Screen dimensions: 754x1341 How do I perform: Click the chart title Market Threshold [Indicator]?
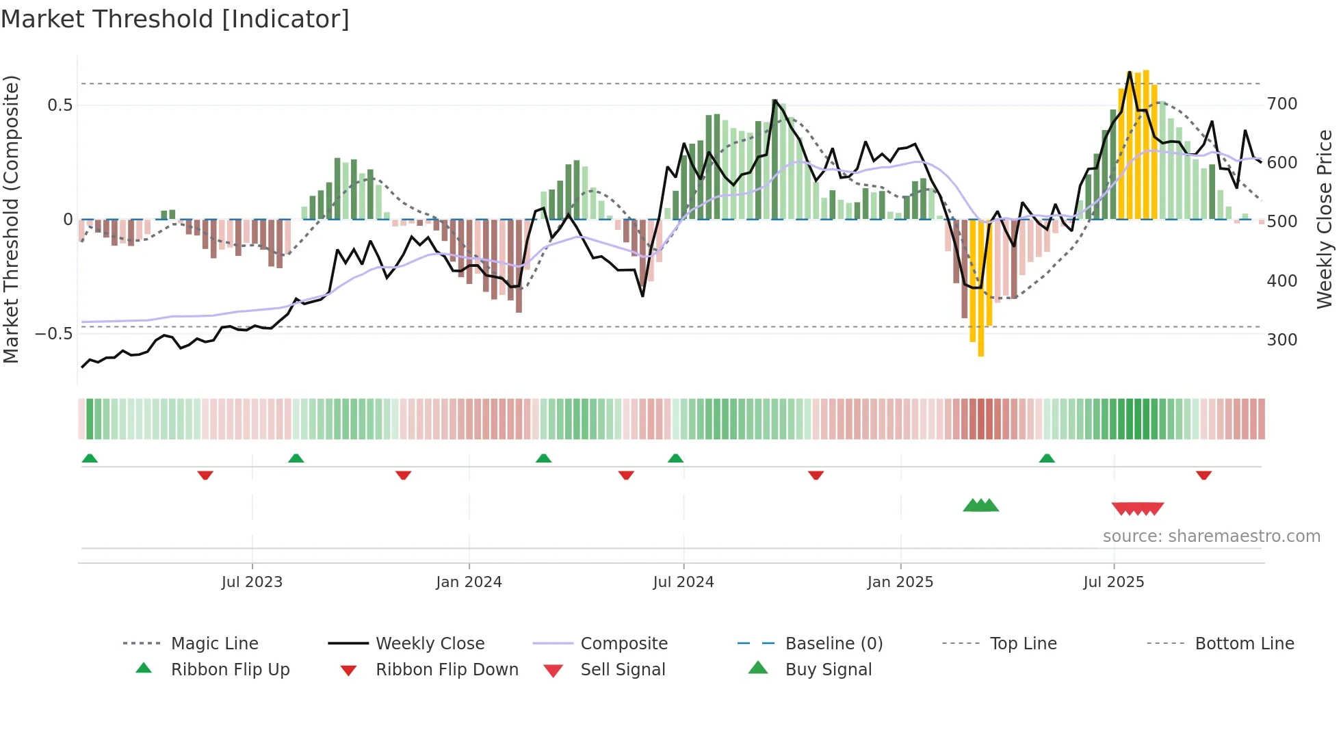tap(175, 19)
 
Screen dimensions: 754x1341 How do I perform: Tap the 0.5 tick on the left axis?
tap(60, 105)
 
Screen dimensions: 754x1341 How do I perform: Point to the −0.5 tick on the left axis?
tap(54, 334)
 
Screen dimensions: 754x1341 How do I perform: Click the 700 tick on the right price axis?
tap(1281, 104)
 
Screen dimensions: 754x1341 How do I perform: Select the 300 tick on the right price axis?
tap(1281, 340)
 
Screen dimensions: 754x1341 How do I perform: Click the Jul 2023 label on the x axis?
tap(252, 582)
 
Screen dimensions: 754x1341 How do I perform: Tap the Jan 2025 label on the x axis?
tap(900, 582)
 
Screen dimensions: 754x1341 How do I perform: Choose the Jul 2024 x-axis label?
tap(683, 582)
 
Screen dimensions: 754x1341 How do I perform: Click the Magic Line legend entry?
tap(214, 644)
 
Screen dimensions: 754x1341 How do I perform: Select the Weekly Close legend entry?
tap(430, 644)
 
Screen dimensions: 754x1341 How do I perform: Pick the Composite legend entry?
tap(623, 644)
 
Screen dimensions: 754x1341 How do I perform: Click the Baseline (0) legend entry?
tap(833, 644)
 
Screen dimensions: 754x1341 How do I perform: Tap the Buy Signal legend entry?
tap(828, 670)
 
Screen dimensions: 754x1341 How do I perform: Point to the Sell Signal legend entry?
tap(622, 670)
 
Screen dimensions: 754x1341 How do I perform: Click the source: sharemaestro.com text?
tap(1211, 536)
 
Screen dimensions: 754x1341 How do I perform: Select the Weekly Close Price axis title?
tap(1325, 219)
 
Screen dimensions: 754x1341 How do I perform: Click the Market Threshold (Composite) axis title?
tap(11, 219)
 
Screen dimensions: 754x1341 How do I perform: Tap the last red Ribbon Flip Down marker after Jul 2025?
tap(1203, 475)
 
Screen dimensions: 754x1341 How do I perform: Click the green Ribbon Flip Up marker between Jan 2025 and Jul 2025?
tap(1046, 458)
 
